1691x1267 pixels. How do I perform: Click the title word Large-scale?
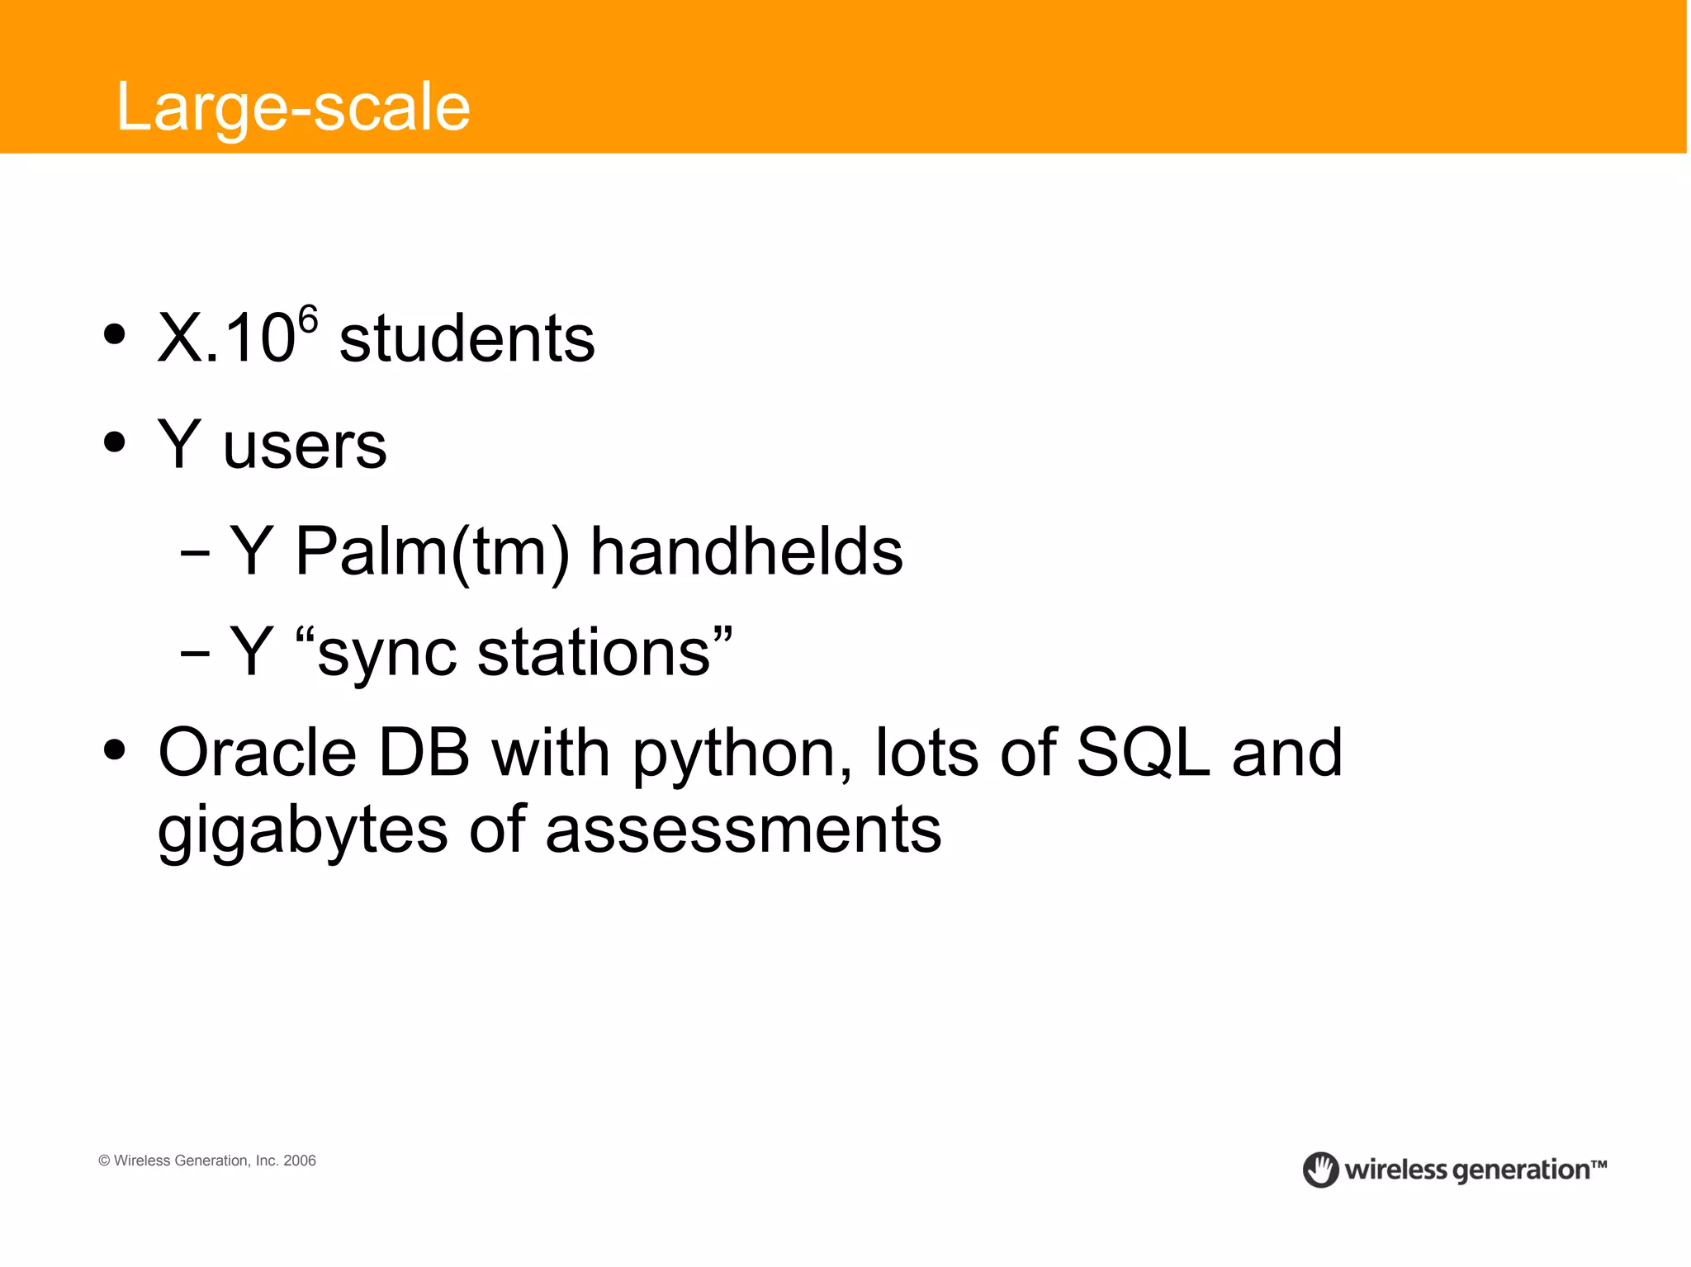coord(293,107)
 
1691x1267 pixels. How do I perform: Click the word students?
coord(467,339)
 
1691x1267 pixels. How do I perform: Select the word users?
coord(305,447)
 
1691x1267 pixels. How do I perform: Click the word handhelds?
coord(746,552)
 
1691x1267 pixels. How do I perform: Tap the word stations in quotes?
coord(594,653)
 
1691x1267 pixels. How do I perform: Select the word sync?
coord(386,656)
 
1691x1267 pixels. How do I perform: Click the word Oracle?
coord(257,753)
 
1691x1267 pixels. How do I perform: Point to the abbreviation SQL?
coord(1143,753)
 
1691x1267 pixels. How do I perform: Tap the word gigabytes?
coord(302,832)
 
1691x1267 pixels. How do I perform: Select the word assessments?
coord(743,830)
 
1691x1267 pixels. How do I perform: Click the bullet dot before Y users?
coord(115,442)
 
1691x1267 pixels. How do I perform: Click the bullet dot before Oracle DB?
coord(115,750)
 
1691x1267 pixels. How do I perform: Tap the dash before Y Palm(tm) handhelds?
coord(195,554)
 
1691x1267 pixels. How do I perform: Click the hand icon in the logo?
coord(1320,1170)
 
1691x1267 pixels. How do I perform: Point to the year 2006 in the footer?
coord(300,1161)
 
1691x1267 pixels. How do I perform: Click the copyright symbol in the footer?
coord(104,1161)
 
